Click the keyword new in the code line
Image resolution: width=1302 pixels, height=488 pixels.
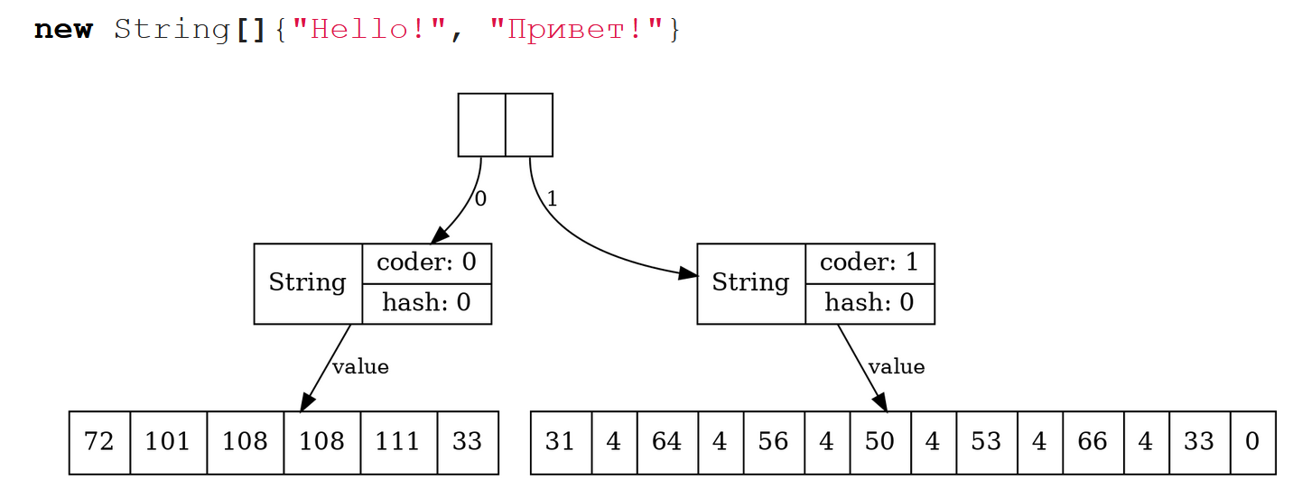[x=63, y=30]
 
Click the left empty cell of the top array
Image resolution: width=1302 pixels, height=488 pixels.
[x=481, y=124]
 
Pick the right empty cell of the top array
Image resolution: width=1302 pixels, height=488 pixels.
[x=529, y=124]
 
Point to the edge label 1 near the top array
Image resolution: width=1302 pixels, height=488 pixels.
[x=552, y=198]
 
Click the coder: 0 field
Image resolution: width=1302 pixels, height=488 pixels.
[x=426, y=262]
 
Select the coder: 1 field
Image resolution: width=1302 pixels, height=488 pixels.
[x=869, y=262]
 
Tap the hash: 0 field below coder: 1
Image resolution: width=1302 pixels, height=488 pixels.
[x=869, y=303]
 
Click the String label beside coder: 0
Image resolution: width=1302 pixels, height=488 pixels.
[x=307, y=283]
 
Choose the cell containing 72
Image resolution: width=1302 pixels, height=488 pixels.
[x=99, y=442]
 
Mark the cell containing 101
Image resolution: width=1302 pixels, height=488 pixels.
[x=168, y=442]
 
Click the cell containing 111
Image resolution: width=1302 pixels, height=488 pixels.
[x=398, y=442]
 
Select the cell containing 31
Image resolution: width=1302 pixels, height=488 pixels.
[x=561, y=442]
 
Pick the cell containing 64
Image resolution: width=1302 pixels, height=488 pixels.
[x=667, y=442]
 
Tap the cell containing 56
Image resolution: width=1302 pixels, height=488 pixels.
[x=774, y=442]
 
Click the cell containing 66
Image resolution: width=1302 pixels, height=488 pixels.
[x=1093, y=442]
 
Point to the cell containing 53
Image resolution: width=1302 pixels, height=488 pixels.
[x=986, y=442]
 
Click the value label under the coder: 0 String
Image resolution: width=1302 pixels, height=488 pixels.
[x=360, y=367]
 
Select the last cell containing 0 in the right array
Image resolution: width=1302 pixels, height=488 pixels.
[x=1252, y=442]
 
